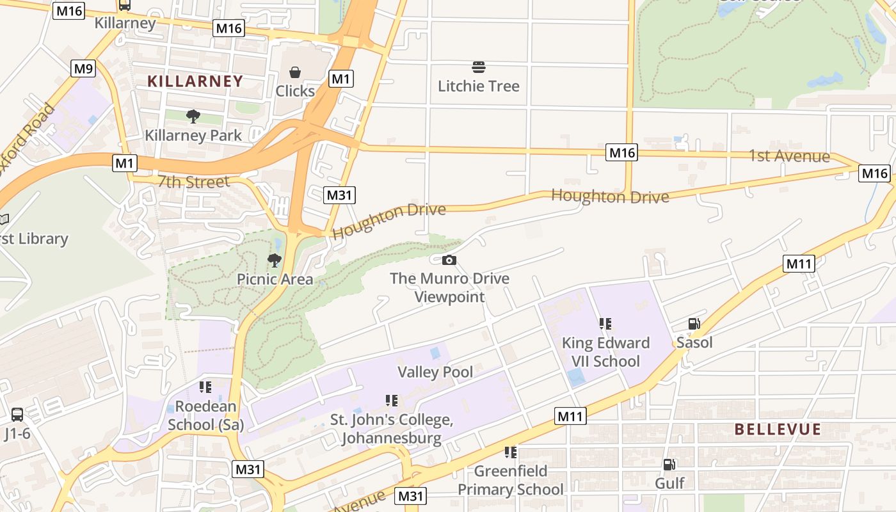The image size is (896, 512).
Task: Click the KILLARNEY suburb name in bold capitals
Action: [x=195, y=81]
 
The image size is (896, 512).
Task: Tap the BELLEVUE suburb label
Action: [x=777, y=429]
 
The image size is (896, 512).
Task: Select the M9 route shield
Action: [x=83, y=68]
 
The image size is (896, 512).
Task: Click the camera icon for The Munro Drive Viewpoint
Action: [x=449, y=260]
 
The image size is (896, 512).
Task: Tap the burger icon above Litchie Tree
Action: [x=478, y=67]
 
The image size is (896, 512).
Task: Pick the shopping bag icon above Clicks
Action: [x=295, y=72]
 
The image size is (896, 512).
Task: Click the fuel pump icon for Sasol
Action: [x=694, y=324]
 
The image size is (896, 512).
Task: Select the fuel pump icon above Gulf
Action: [x=669, y=465]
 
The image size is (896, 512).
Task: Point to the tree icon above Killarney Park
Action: [x=193, y=116]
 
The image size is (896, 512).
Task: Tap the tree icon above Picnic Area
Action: [x=275, y=260]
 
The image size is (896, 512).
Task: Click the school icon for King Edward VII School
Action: [x=605, y=324]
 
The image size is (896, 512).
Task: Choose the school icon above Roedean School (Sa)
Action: [x=205, y=387]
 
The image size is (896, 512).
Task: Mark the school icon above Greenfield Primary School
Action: [x=510, y=452]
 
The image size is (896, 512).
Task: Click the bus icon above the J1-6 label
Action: [x=17, y=415]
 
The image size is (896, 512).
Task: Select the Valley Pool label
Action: [x=435, y=372]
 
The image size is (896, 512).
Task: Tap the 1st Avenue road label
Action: [x=789, y=156]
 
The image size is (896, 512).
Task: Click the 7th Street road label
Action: [x=193, y=182]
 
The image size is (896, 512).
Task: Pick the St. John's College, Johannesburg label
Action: [x=391, y=429]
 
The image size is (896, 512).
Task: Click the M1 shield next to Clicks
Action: [x=341, y=79]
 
